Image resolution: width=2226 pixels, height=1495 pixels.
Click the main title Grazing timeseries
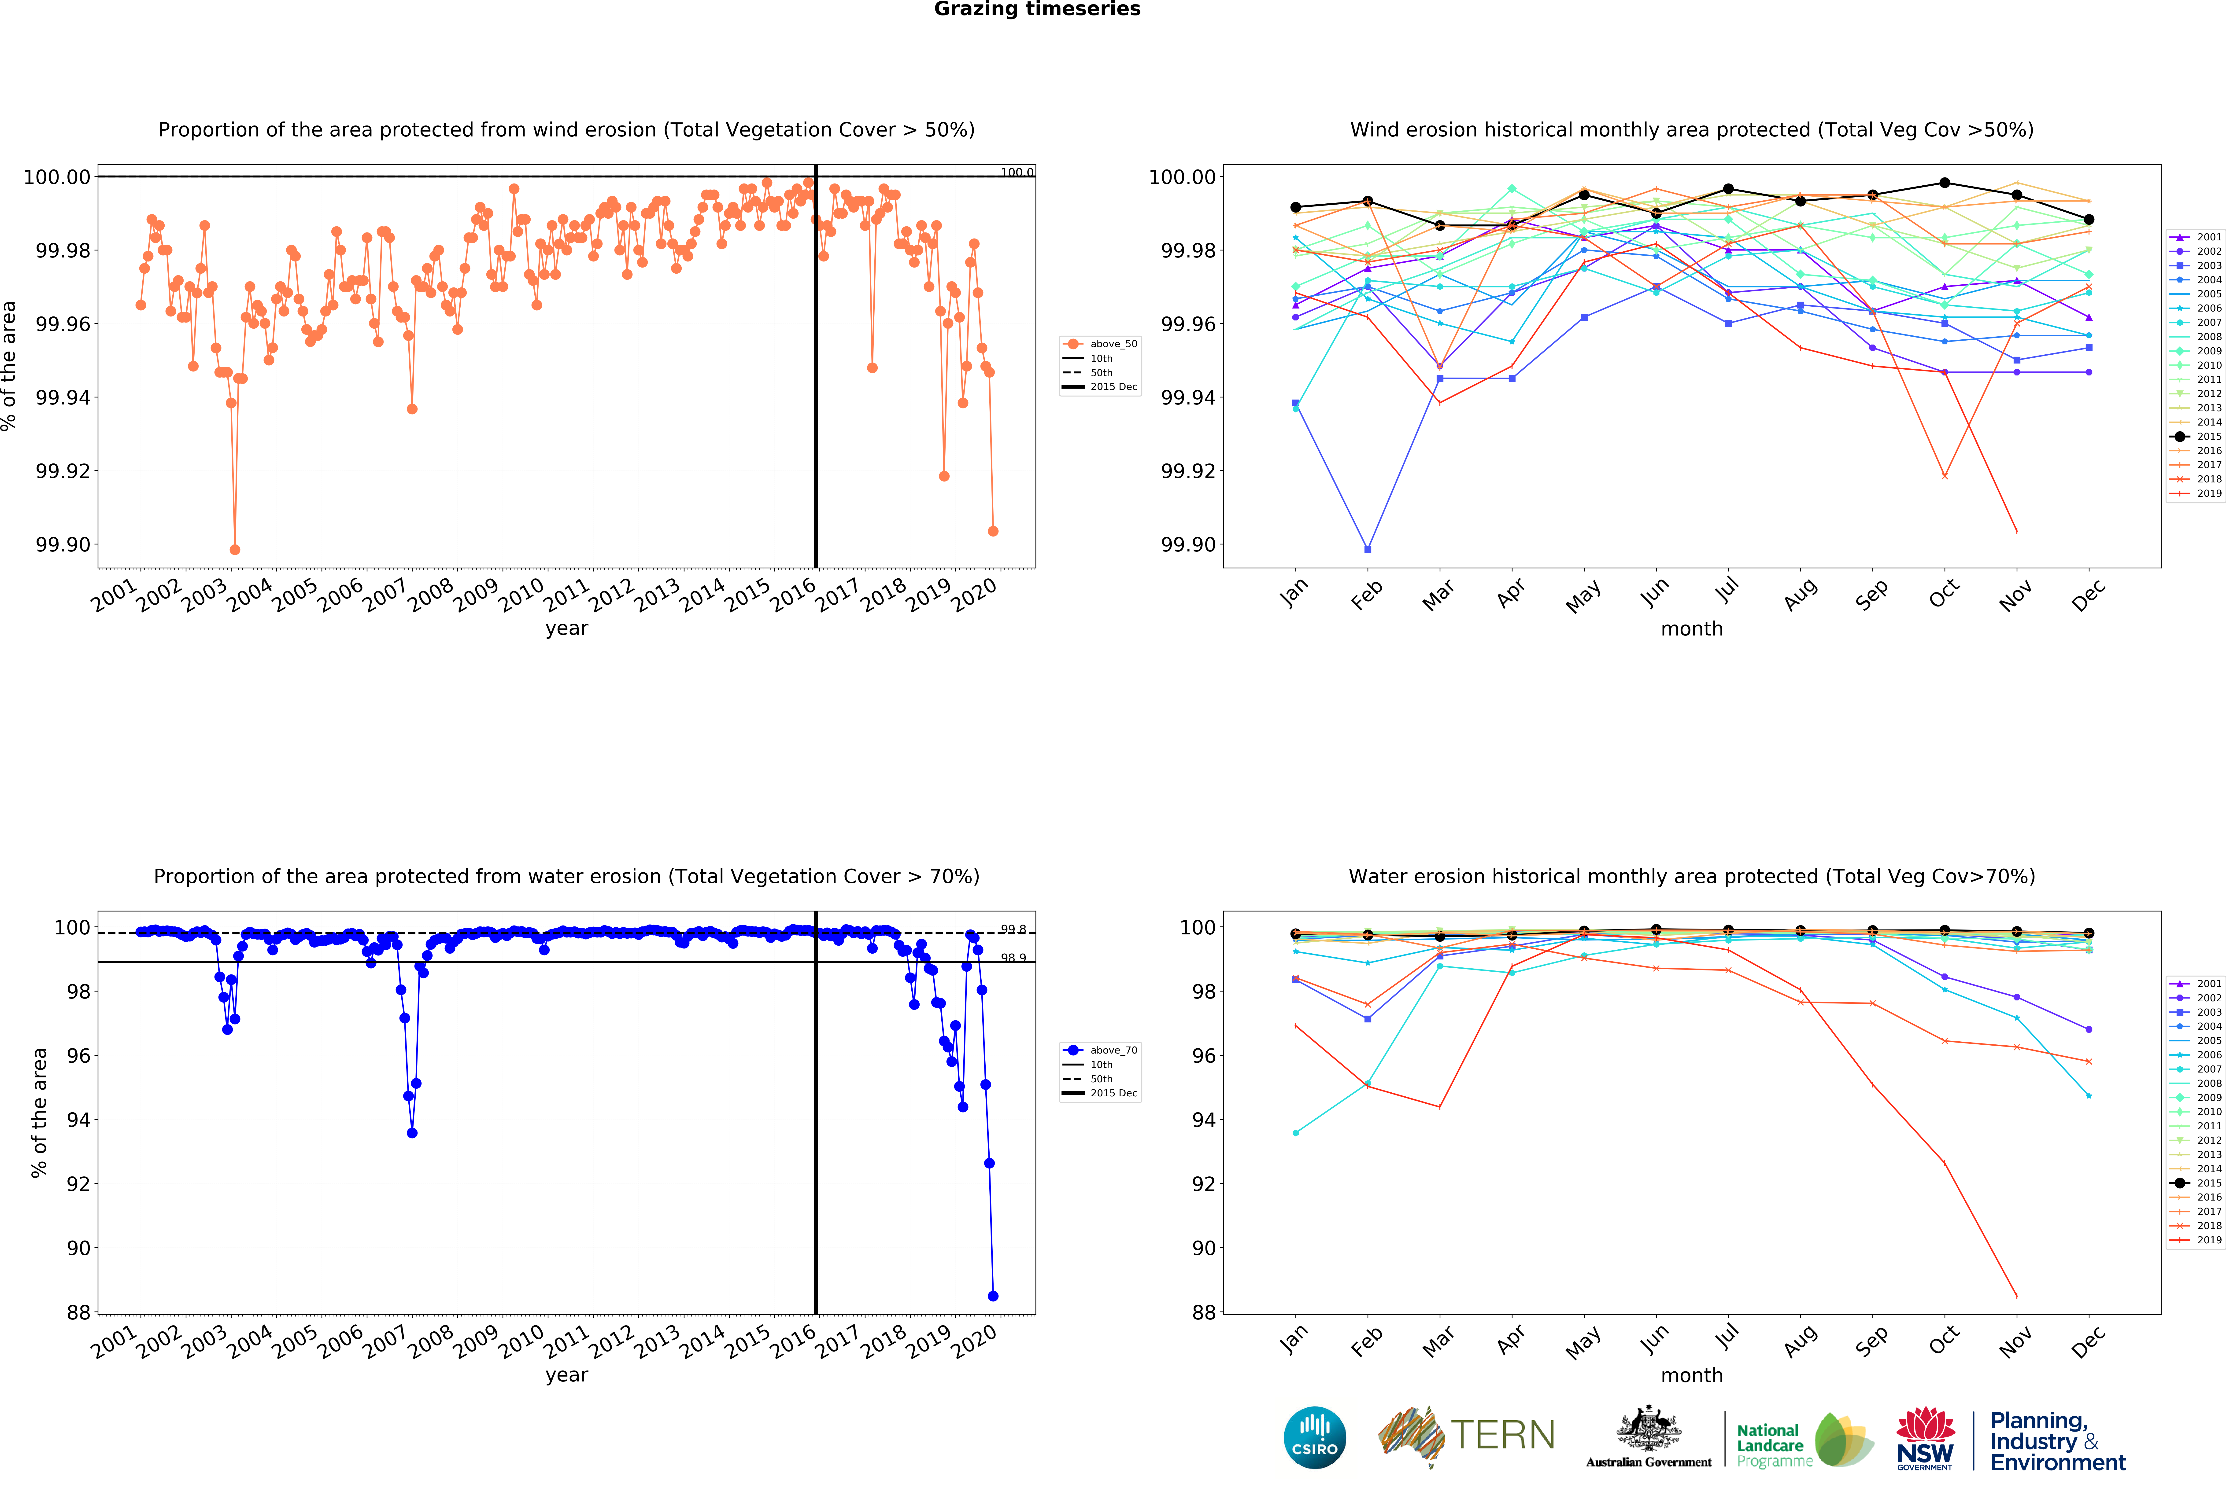tap(1037, 10)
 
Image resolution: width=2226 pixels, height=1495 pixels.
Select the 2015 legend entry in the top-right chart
tap(2196, 437)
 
